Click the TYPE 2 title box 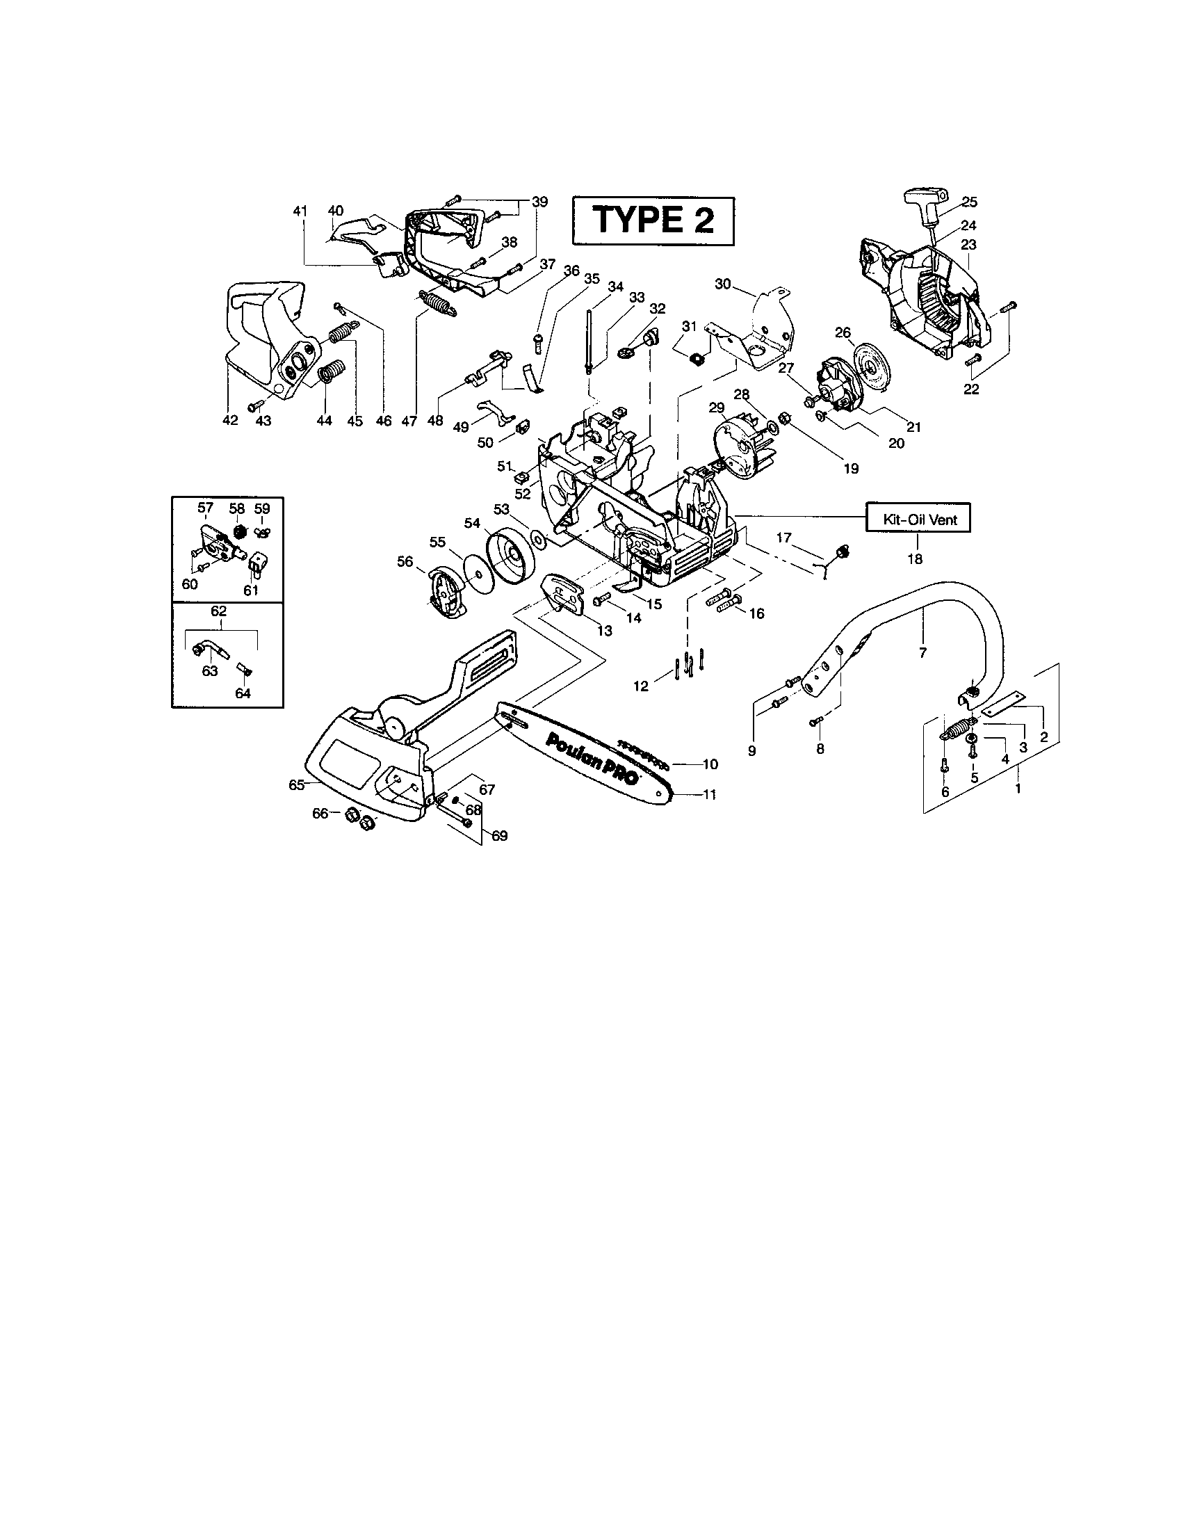point(653,220)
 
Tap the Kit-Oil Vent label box point(918,520)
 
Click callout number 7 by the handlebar point(922,652)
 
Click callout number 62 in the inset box point(218,611)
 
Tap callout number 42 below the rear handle point(229,420)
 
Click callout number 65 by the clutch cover point(297,785)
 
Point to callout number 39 point(539,202)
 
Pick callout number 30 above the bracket point(722,284)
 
